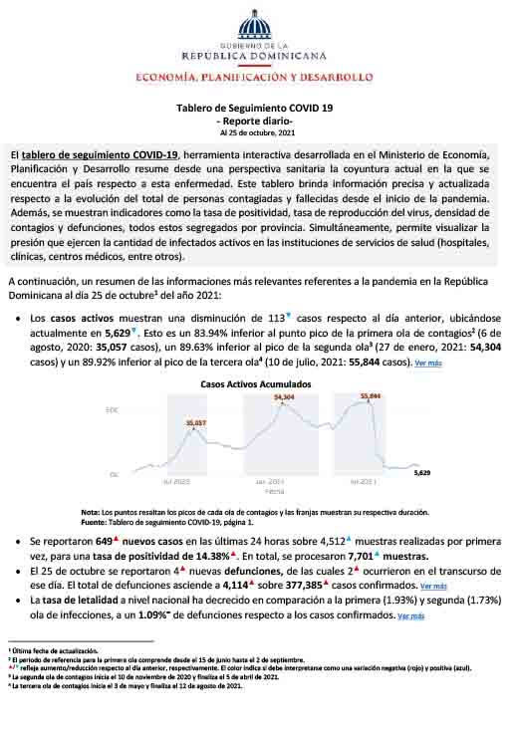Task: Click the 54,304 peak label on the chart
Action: (x=284, y=397)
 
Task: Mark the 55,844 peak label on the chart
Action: (x=371, y=395)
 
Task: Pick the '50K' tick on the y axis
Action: (x=113, y=409)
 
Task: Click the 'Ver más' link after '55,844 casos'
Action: (x=428, y=364)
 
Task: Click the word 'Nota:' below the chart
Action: (x=92, y=512)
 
